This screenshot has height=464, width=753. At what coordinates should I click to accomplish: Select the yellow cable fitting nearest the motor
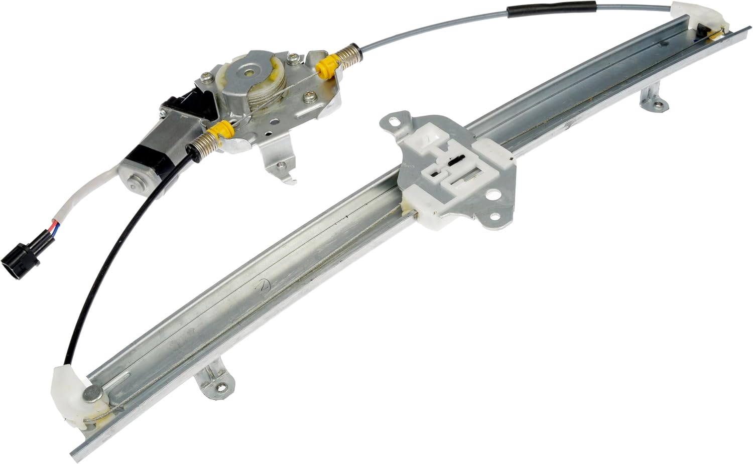[224, 132]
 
